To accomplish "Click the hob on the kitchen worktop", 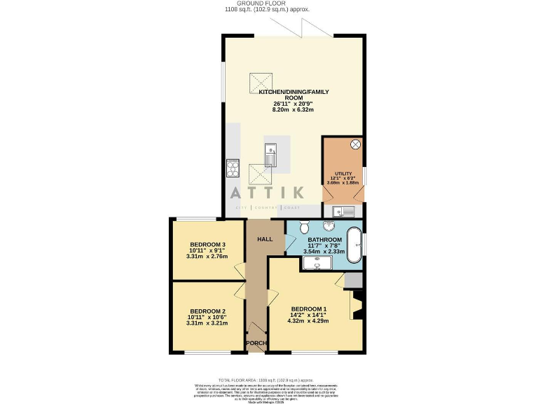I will point(233,169).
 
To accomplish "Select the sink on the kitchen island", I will point(270,152).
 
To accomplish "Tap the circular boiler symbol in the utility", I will point(354,145).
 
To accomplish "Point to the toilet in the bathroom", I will point(305,228).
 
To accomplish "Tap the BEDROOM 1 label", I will point(309,309).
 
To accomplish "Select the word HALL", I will point(265,240).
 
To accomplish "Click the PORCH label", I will point(256,343).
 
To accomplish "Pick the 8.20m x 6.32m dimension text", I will point(293,109).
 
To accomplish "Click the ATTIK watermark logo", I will point(269,192).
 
